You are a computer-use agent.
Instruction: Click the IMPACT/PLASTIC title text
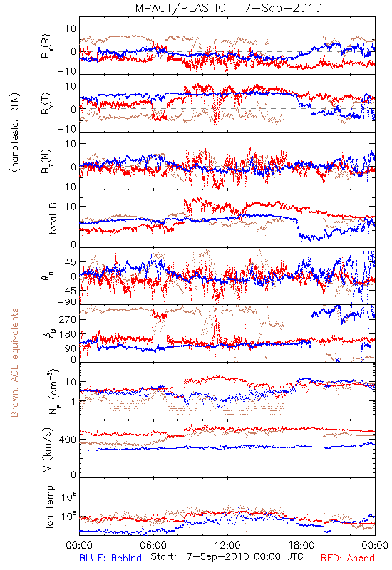pos(179,8)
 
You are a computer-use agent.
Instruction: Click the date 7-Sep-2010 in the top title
pos(283,8)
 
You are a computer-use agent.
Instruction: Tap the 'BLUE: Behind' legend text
pos(110,558)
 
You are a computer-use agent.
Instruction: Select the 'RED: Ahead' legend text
pos(348,558)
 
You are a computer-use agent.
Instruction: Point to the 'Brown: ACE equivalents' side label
pos(14,363)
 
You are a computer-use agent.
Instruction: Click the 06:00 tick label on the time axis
pos(153,545)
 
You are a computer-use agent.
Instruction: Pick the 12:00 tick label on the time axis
pos(227,545)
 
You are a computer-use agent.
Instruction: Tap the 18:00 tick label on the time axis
pos(301,545)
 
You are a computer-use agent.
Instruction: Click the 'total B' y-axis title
pos(53,219)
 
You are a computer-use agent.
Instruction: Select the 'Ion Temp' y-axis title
pos(50,507)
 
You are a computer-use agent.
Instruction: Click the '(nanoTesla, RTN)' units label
pos(15,133)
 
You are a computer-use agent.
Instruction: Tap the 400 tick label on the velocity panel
pos(68,440)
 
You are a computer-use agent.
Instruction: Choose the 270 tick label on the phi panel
pos(68,319)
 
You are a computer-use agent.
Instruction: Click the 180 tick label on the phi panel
pos(68,334)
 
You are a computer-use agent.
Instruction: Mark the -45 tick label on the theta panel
pos(66,291)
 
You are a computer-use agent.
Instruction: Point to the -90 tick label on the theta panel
pos(66,301)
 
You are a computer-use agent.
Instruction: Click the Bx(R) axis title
pos(46,46)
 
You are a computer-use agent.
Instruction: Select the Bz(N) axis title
pos(46,162)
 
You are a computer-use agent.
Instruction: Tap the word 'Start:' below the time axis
pos(164,557)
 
